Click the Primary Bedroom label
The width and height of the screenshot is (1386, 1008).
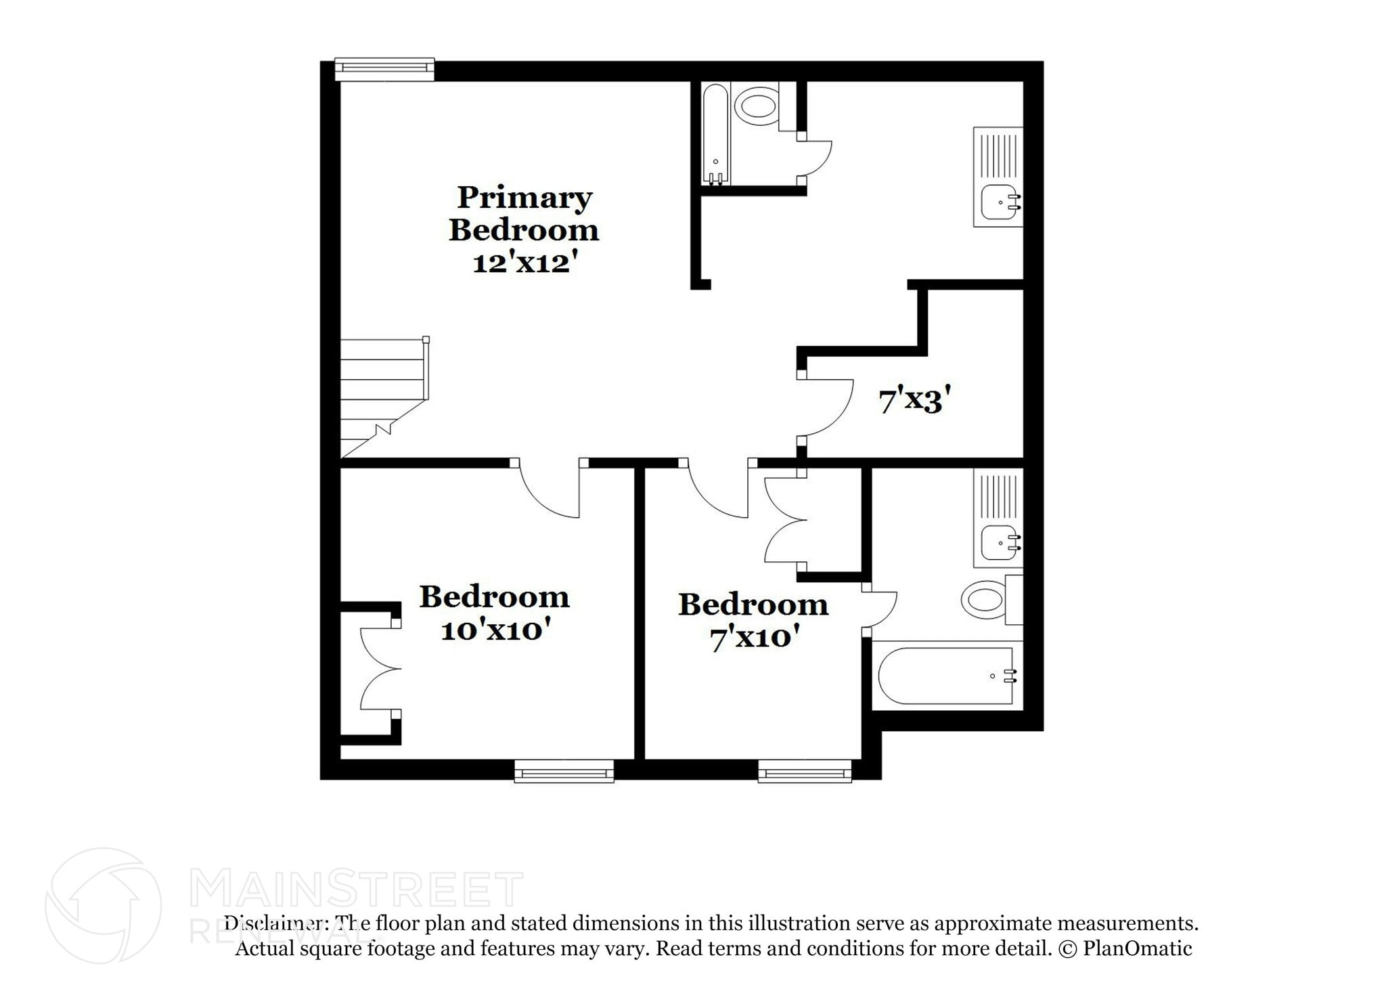pyautogui.click(x=523, y=213)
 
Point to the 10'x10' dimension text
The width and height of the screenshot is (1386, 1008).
pyautogui.click(x=493, y=631)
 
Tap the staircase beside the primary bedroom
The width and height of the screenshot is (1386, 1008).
pyautogui.click(x=383, y=396)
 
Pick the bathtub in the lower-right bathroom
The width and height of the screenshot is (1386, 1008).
pyautogui.click(x=947, y=676)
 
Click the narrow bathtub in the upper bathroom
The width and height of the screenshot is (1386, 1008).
pyautogui.click(x=715, y=134)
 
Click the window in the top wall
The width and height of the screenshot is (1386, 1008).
pyautogui.click(x=384, y=68)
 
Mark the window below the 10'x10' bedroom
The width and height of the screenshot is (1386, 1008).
pyautogui.click(x=564, y=772)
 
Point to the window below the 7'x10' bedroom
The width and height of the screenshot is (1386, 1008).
pyautogui.click(x=804, y=772)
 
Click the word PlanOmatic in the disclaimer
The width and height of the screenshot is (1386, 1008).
pyautogui.click(x=1137, y=948)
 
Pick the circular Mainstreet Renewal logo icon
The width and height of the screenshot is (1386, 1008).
pyautogui.click(x=104, y=906)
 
